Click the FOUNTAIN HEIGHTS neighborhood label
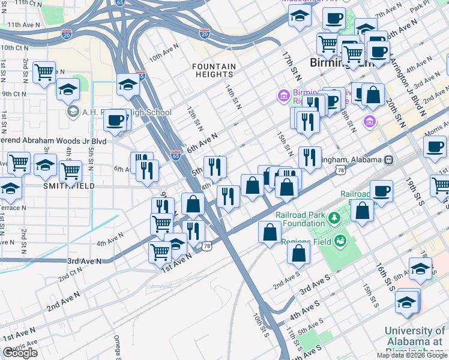tap(213, 70)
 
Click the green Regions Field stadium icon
tap(342, 241)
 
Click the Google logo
tap(20, 353)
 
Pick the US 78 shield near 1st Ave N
tap(207, 246)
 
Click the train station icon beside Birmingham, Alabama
tap(390, 160)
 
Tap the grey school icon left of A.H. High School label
tap(73, 112)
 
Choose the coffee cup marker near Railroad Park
tap(381, 191)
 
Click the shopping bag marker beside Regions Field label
tap(298, 253)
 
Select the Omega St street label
tap(118, 347)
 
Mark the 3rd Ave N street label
tap(85, 262)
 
